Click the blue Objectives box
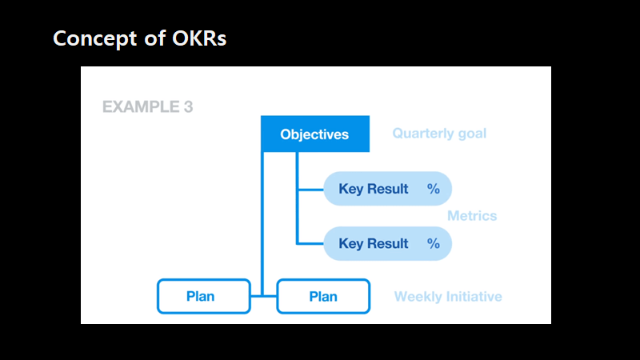(315, 134)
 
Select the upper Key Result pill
(387, 190)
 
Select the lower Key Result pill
(387, 244)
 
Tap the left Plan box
(200, 296)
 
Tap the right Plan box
(323, 296)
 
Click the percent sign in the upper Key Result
(434, 190)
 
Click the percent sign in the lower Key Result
(434, 244)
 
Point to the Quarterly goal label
(439, 134)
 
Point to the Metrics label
(472, 216)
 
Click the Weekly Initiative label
(448, 297)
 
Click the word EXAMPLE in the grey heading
(138, 106)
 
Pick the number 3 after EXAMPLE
(187, 106)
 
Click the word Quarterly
(423, 134)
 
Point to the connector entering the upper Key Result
(310, 190)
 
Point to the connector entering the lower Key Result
(310, 243)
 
